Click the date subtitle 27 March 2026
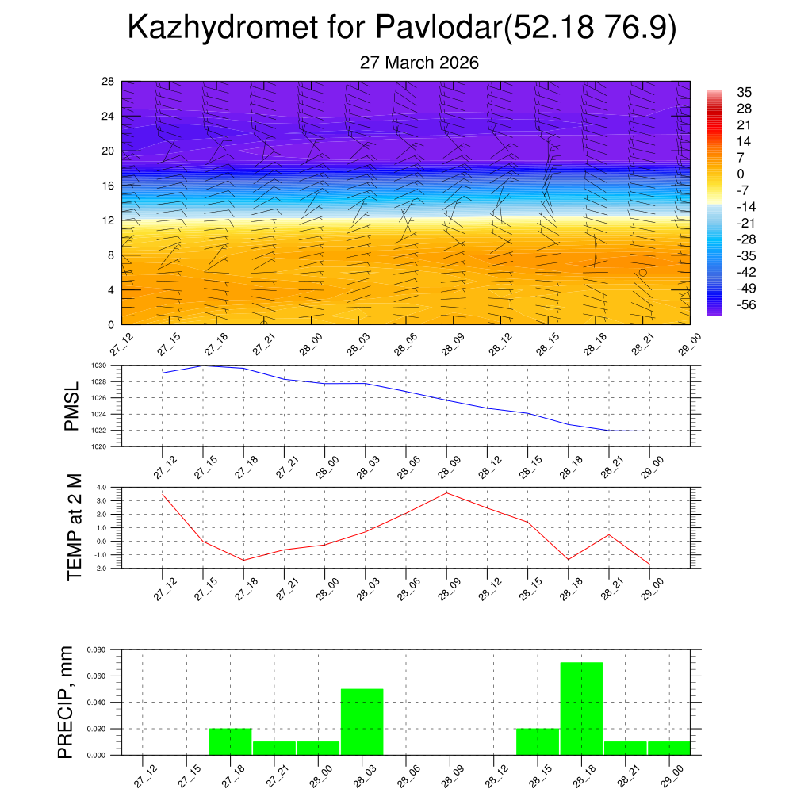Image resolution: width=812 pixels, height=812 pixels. pyautogui.click(x=419, y=63)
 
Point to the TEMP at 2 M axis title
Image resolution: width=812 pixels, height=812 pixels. pyautogui.click(x=75, y=527)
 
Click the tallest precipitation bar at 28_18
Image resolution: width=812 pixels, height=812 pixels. pyautogui.click(x=581, y=708)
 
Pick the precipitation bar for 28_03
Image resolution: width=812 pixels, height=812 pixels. pyautogui.click(x=362, y=722)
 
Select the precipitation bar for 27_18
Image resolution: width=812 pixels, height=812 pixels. pyautogui.click(x=230, y=741)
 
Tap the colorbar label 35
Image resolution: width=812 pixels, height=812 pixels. pyautogui.click(x=743, y=92)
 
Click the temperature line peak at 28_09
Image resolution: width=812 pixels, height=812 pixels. pyautogui.click(x=446, y=492)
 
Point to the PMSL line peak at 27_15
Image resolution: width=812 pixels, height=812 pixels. pyautogui.click(x=203, y=366)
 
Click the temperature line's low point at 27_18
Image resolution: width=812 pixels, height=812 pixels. pyautogui.click(x=243, y=560)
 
